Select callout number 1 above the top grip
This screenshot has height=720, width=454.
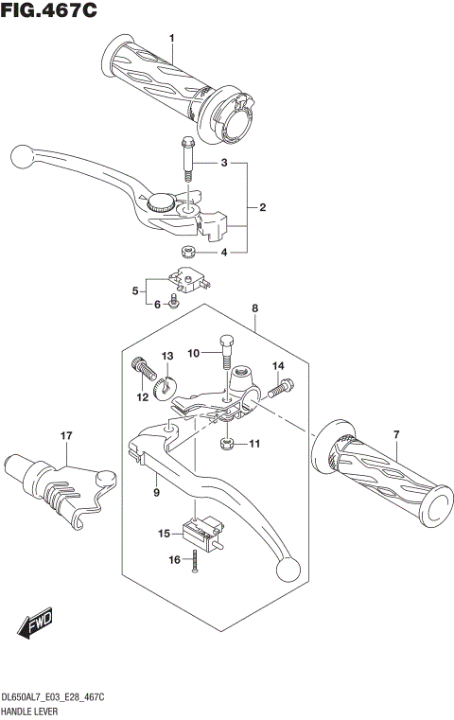(172, 38)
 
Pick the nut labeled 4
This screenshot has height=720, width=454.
(187, 252)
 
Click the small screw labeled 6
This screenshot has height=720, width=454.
(175, 303)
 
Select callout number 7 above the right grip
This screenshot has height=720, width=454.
(396, 434)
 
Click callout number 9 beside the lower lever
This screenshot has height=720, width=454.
(156, 493)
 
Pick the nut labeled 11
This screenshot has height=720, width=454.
(227, 443)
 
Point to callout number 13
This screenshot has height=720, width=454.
(166, 355)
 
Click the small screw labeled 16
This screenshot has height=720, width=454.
(193, 561)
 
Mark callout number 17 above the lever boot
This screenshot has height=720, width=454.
(66, 435)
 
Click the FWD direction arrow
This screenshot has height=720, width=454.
(36, 624)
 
